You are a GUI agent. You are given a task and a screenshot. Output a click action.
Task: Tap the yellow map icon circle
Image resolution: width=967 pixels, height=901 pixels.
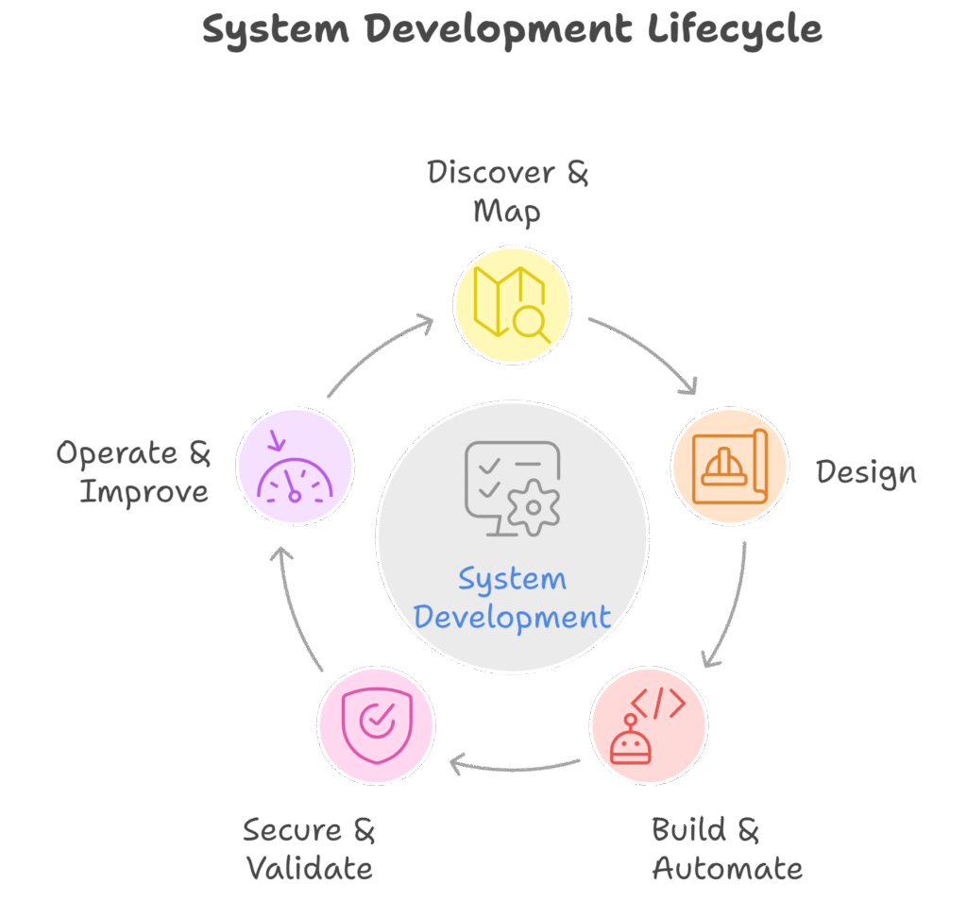(x=512, y=304)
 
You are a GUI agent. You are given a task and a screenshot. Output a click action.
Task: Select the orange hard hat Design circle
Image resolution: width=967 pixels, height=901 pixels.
(x=730, y=467)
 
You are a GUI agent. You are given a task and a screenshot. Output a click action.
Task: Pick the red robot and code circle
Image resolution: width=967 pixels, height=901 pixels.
(x=648, y=725)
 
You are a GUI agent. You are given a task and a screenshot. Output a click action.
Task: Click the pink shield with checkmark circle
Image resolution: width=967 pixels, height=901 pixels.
(x=376, y=724)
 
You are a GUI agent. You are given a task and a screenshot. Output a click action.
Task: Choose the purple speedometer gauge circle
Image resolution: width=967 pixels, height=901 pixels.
(x=295, y=467)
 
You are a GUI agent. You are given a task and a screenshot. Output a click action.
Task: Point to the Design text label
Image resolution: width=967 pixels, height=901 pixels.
(x=866, y=471)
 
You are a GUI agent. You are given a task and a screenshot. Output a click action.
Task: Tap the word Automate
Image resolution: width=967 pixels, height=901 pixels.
(x=727, y=868)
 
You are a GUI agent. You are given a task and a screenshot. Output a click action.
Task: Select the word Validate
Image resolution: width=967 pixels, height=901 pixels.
(x=310, y=868)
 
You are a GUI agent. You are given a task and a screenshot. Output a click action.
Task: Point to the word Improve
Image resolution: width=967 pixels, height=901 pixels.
(x=144, y=492)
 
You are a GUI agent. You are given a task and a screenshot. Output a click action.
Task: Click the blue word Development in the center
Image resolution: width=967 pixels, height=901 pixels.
(x=512, y=618)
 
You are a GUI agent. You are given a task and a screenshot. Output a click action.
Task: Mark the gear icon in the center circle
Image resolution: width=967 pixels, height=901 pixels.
(x=534, y=508)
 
